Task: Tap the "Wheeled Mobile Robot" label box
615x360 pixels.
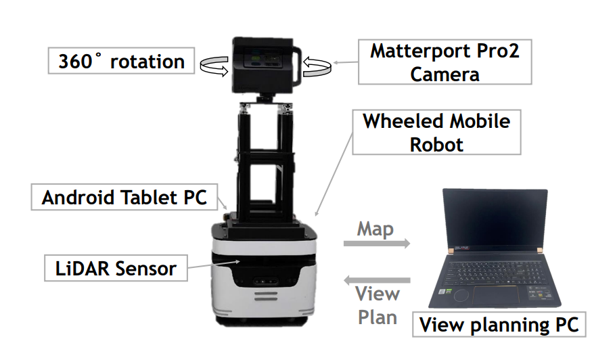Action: click(436, 133)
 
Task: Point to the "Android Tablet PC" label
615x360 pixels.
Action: click(127, 198)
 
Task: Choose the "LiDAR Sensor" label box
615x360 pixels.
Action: click(116, 269)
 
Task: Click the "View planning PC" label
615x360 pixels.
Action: click(499, 325)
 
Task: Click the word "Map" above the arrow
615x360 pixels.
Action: click(375, 229)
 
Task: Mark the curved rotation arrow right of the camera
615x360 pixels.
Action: click(317, 65)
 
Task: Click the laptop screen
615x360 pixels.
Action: click(494, 220)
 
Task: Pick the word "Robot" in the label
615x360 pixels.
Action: click(436, 143)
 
